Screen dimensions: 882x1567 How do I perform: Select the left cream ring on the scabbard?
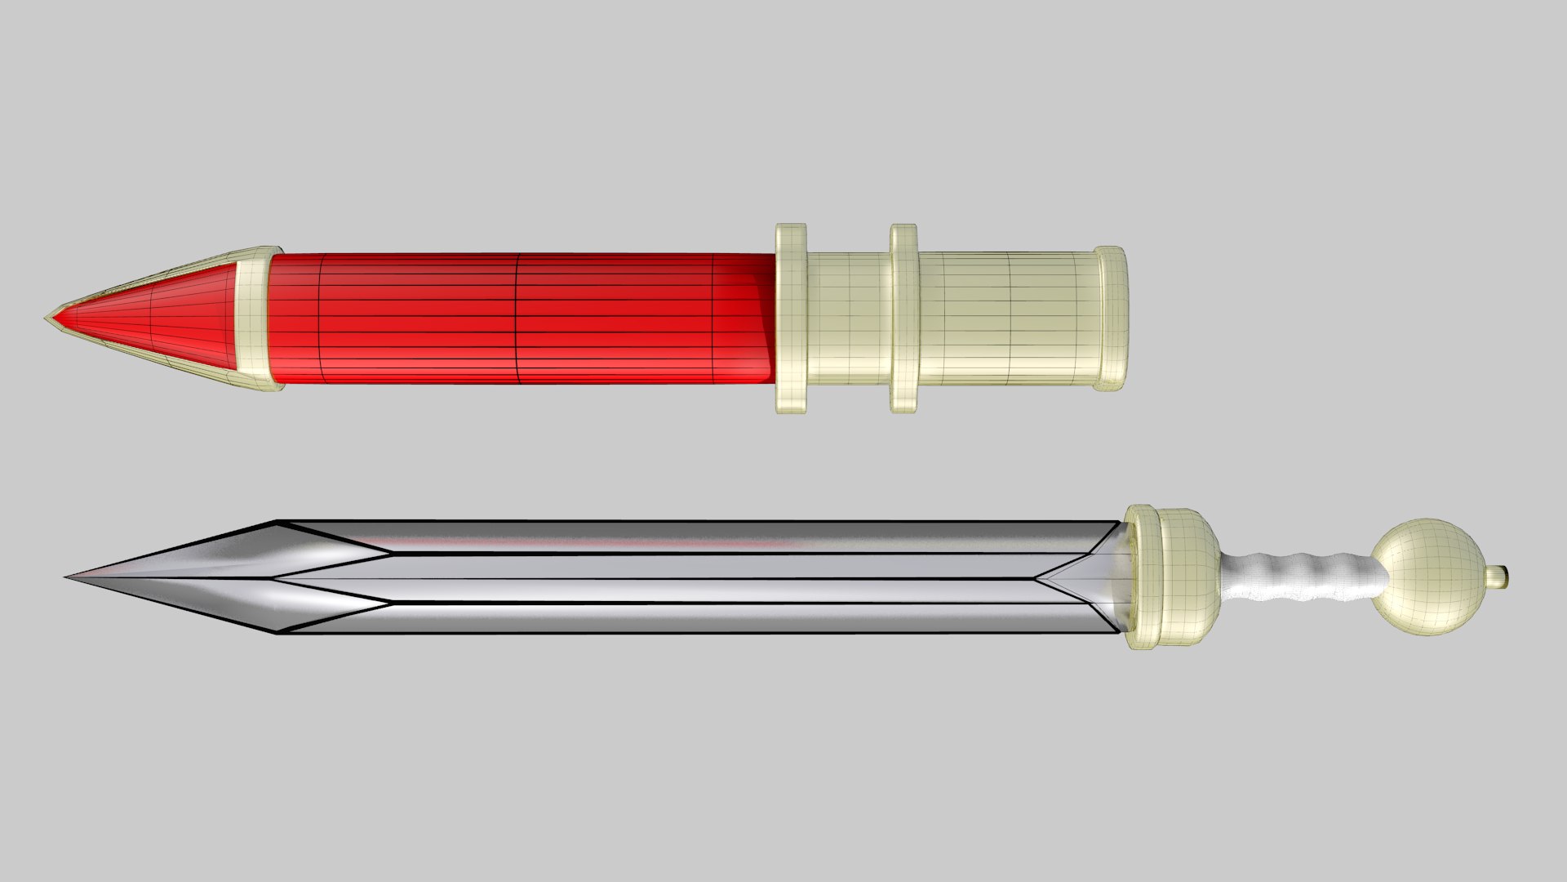(x=791, y=318)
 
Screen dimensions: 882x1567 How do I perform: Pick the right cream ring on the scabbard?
(x=903, y=318)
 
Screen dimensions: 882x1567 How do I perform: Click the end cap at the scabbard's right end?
(x=1112, y=318)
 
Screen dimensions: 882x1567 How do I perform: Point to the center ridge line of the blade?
(x=653, y=578)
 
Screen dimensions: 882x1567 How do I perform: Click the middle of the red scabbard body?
(x=519, y=318)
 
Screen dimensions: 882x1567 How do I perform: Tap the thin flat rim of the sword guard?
(x=1134, y=577)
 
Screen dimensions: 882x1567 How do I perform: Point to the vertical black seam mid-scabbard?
(x=518, y=318)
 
